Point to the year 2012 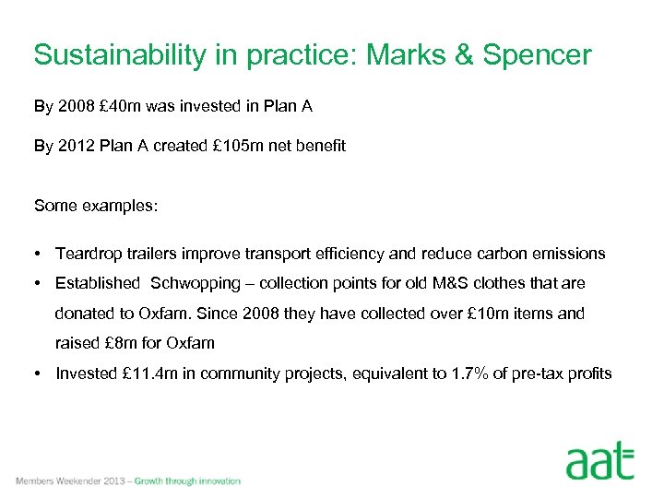coord(76,146)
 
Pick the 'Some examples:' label coord(96,207)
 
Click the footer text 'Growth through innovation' coord(187,481)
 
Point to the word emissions coord(570,253)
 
